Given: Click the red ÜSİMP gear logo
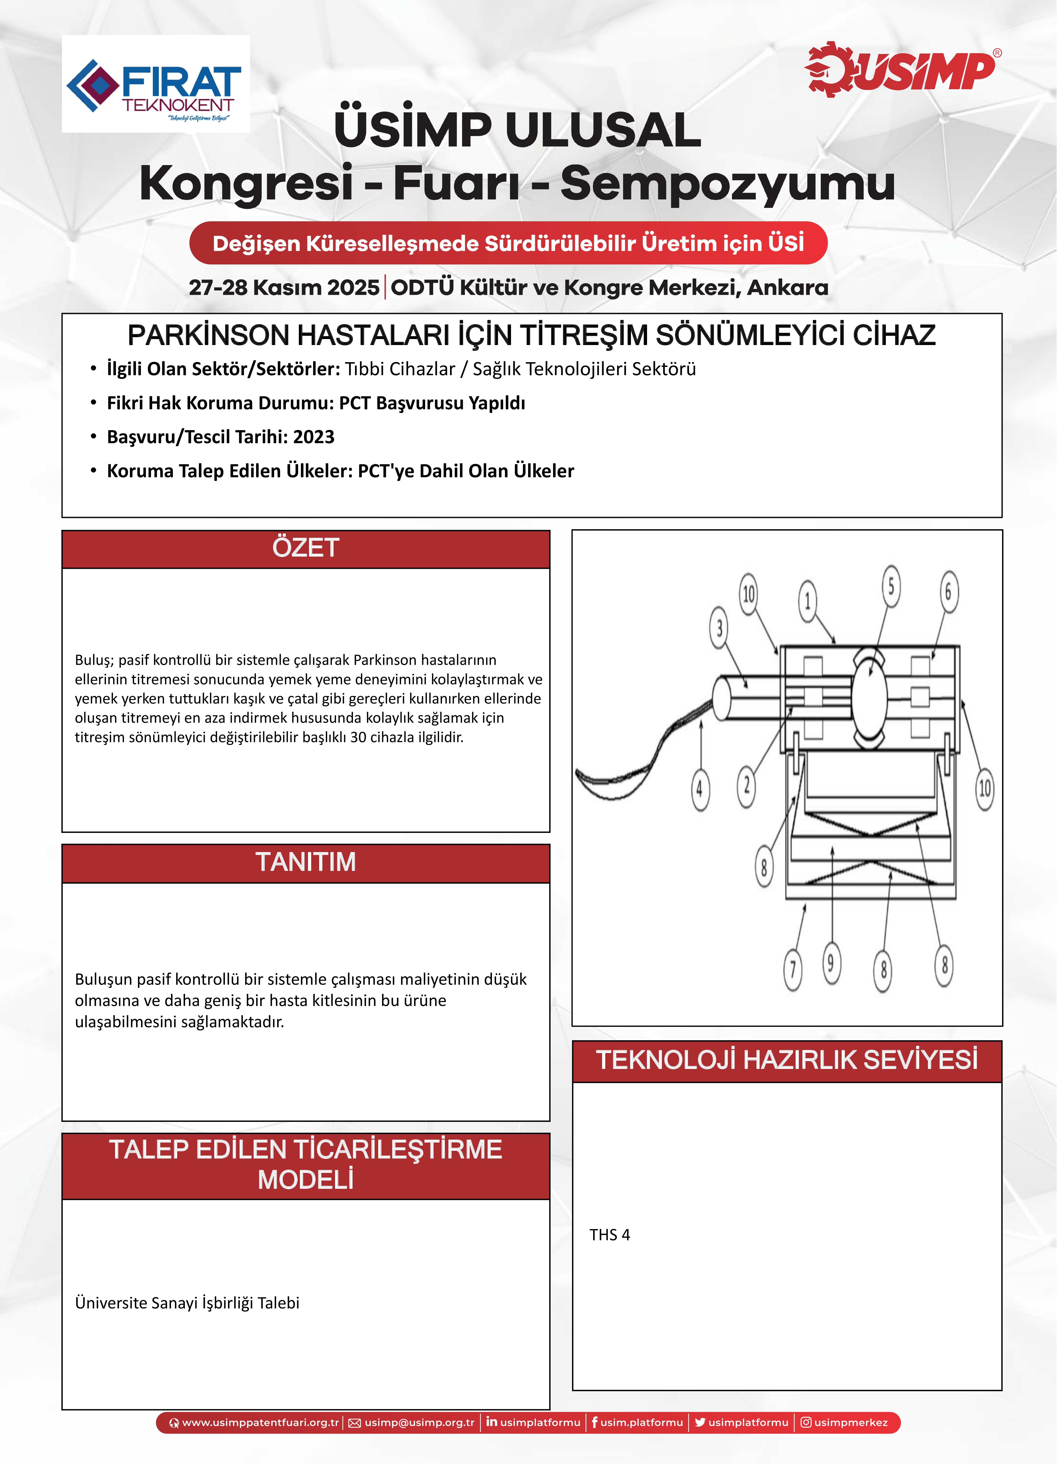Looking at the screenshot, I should tap(900, 70).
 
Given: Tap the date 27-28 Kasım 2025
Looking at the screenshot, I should tap(284, 287).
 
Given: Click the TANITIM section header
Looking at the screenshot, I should tap(305, 862).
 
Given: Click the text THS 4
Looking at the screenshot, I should tap(609, 1235).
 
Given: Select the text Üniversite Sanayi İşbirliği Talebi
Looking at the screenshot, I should tap(187, 1303).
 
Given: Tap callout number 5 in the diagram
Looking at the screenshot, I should tap(891, 586).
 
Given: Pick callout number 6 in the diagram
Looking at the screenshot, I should tap(948, 591).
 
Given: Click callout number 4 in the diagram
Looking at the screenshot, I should tap(700, 789).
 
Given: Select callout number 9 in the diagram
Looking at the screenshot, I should tap(831, 963).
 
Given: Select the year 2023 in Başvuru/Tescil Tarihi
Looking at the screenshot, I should tap(314, 437).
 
